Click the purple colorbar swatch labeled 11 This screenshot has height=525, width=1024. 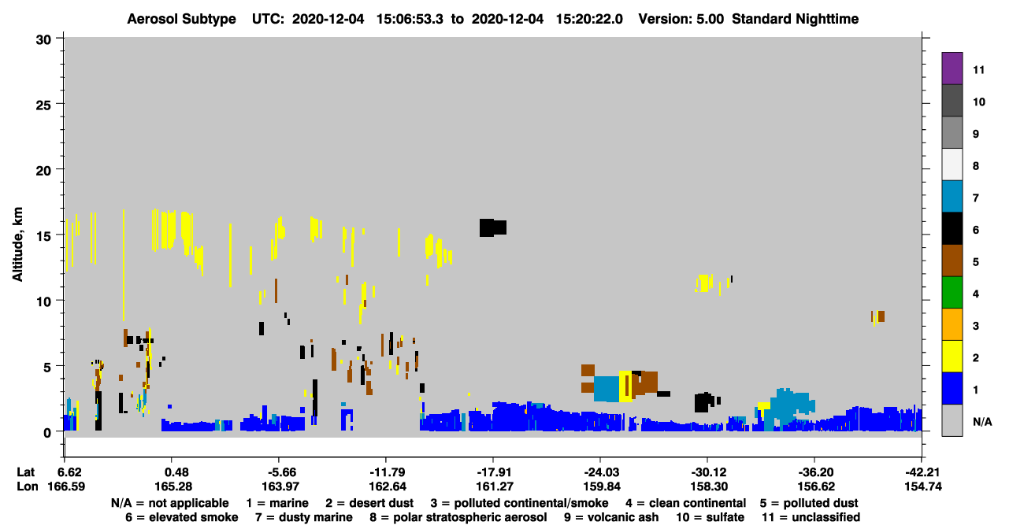click(952, 68)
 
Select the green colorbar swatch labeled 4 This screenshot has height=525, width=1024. click(952, 293)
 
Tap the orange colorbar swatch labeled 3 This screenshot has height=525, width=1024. click(952, 324)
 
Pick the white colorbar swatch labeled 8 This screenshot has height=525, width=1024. click(952, 165)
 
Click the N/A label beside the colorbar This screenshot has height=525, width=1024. click(982, 422)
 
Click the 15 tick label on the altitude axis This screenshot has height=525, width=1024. click(44, 236)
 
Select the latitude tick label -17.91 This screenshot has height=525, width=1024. click(494, 472)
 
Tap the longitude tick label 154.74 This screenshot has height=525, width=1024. click(923, 486)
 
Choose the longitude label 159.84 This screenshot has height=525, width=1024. click(602, 486)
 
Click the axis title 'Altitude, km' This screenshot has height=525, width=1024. click(17, 244)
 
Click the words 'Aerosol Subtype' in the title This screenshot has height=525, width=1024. click(181, 19)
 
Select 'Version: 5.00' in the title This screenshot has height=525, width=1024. click(681, 19)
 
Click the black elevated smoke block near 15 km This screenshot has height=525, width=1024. click(492, 227)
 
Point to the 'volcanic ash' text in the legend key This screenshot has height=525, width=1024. click(622, 517)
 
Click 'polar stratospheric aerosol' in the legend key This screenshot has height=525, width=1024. click(470, 517)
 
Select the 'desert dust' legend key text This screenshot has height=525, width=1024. click(381, 503)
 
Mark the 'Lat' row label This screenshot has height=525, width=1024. click(25, 472)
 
